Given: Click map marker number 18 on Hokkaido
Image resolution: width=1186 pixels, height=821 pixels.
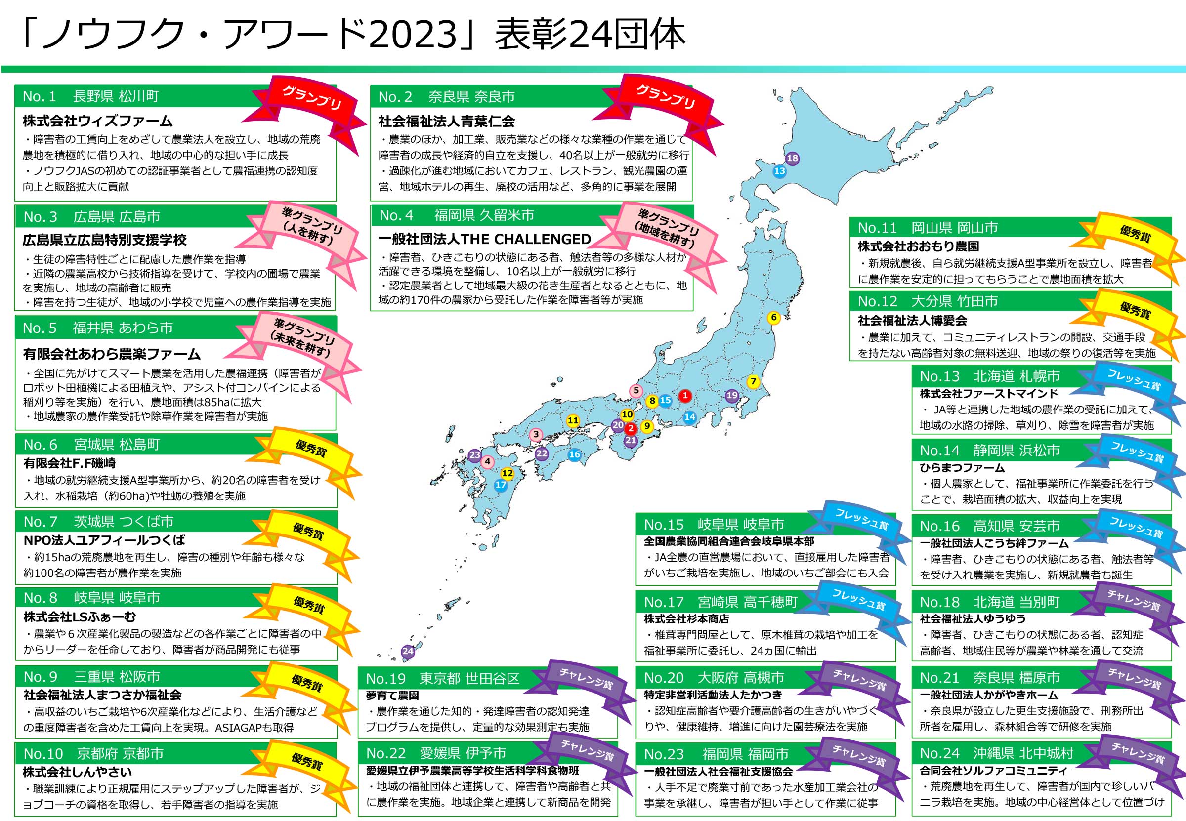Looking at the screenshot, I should [x=792, y=159].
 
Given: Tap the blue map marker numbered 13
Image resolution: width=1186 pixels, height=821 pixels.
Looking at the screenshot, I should [x=779, y=171].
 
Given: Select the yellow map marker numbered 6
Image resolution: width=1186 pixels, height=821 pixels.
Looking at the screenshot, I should [x=773, y=318].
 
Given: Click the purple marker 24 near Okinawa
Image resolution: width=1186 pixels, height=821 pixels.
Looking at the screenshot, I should [x=408, y=651].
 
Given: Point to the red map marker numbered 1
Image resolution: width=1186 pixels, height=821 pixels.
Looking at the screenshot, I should [x=685, y=396].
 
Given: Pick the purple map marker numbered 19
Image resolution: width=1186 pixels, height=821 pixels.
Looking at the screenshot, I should [x=732, y=396].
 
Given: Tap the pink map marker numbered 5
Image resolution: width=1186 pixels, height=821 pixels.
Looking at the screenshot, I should [x=636, y=391].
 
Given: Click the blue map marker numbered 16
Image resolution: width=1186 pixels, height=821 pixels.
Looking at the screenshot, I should [x=574, y=454].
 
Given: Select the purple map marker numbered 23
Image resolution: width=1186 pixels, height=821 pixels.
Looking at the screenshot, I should [x=474, y=455].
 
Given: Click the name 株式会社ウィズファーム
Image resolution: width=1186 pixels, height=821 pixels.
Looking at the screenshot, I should [x=97, y=122].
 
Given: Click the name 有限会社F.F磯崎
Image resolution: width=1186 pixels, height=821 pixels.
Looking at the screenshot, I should [x=70, y=463].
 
